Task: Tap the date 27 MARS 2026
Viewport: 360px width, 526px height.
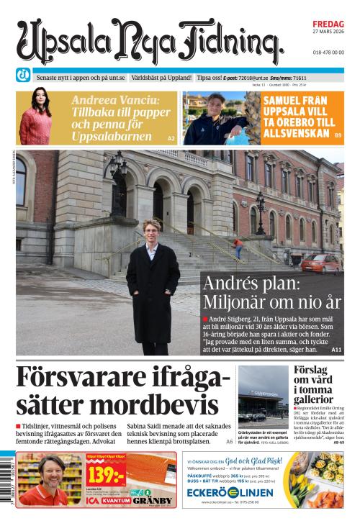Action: point(328,32)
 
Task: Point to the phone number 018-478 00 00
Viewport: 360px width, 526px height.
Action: point(328,53)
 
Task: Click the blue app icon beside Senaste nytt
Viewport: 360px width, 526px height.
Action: point(23,76)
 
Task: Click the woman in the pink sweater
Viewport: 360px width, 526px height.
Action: point(35,118)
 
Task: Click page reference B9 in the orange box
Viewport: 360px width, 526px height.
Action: point(338,135)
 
